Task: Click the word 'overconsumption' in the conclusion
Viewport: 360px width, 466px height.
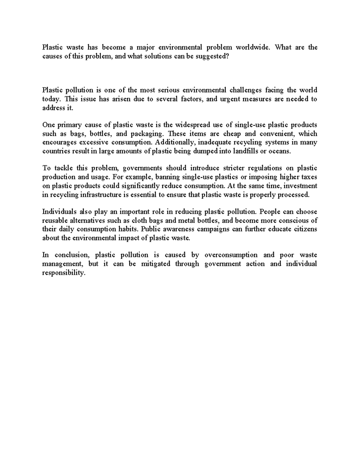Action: coord(231,255)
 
